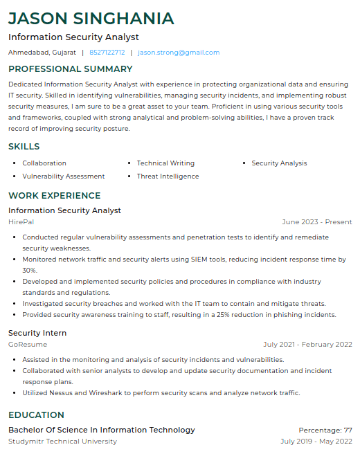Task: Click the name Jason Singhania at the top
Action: pyautogui.click(x=91, y=18)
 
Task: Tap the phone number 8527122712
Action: pyautogui.click(x=107, y=53)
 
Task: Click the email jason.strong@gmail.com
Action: pyautogui.click(x=179, y=53)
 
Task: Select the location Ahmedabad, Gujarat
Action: pyautogui.click(x=42, y=53)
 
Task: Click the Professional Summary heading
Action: pyautogui.click(x=71, y=69)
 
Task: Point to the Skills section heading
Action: pyautogui.click(x=24, y=147)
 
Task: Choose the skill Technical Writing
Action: pyautogui.click(x=165, y=163)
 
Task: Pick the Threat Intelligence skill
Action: pyautogui.click(x=168, y=176)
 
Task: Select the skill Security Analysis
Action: pyautogui.click(x=279, y=163)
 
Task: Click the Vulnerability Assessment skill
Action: pyautogui.click(x=64, y=176)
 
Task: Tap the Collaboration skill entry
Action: pyautogui.click(x=44, y=163)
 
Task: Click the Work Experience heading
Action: pyautogui.click(x=55, y=196)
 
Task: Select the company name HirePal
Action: pyautogui.click(x=21, y=222)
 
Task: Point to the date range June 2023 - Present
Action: pyautogui.click(x=317, y=222)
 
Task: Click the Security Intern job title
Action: pyautogui.click(x=37, y=333)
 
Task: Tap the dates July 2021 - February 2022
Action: pyautogui.click(x=307, y=345)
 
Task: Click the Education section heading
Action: pyautogui.click(x=36, y=415)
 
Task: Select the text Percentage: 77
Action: pyautogui.click(x=325, y=430)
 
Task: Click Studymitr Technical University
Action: pyautogui.click(x=62, y=442)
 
